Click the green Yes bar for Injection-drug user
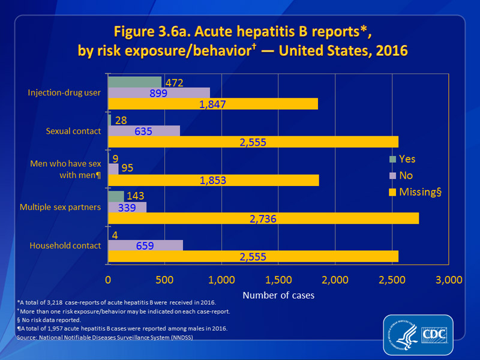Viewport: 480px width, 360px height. pyautogui.click(x=135, y=82)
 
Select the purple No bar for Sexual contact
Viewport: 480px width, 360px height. pyautogui.click(x=144, y=130)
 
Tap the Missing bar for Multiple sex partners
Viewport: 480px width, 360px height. pyautogui.click(x=263, y=218)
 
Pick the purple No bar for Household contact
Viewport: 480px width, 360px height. pyautogui.click(x=145, y=245)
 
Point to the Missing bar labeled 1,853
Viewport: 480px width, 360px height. pyautogui.click(x=214, y=180)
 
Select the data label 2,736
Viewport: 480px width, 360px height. pyautogui.click(x=263, y=219)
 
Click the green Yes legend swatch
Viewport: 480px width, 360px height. pyautogui.click(x=393, y=160)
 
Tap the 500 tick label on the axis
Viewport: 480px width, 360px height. pyautogui.click(x=164, y=280)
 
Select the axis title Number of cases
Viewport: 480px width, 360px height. pyautogui.click(x=278, y=295)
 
